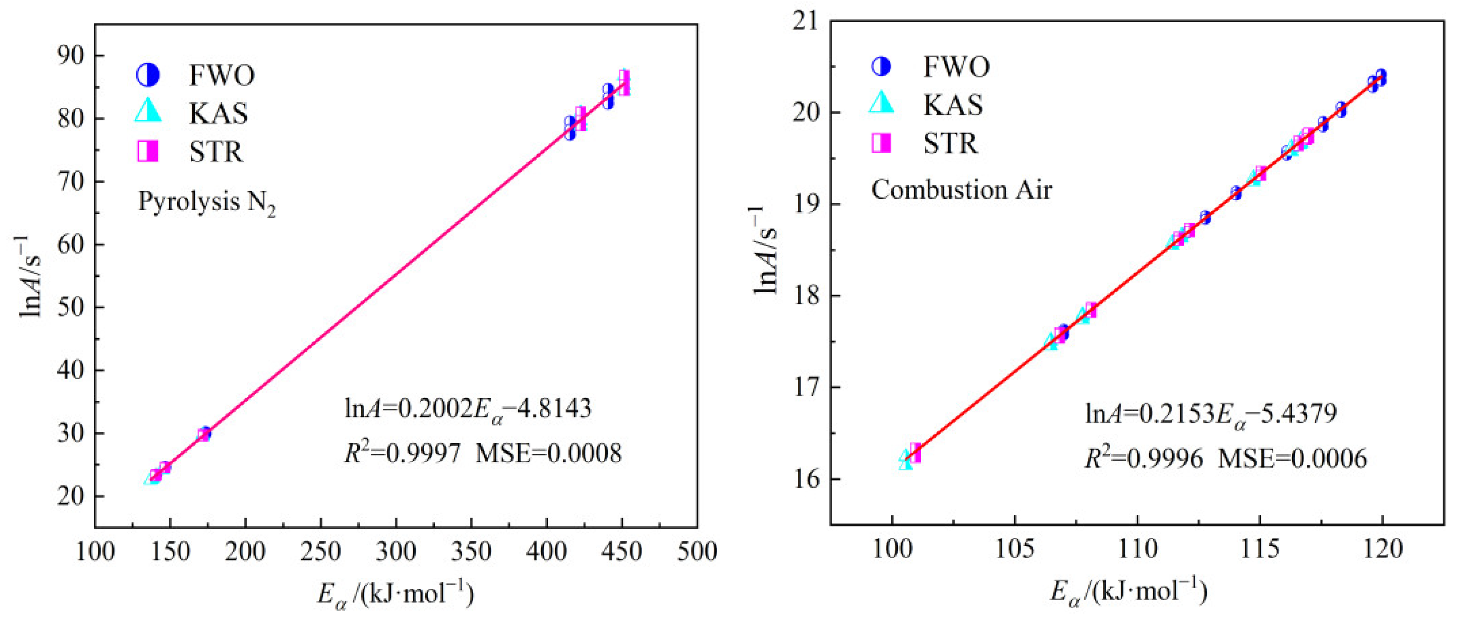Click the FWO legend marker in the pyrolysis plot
click(147, 75)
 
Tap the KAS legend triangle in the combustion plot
click(881, 103)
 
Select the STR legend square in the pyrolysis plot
click(147, 151)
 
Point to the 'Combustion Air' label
click(961, 190)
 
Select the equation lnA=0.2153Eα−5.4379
click(1210, 414)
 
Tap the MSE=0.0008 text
click(548, 454)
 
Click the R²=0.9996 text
click(1144, 458)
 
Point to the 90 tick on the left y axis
click(70, 55)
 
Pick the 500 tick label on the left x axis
click(697, 551)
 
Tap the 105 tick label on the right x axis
click(1014, 549)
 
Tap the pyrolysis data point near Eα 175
click(205, 434)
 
